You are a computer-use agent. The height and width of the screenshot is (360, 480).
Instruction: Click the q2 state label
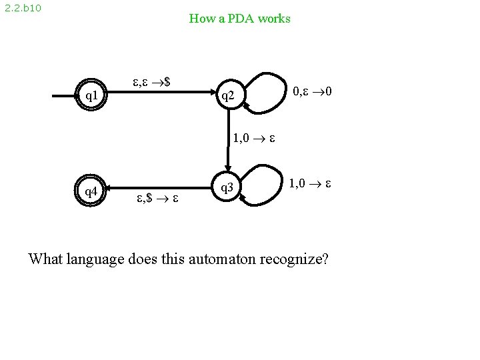(x=228, y=97)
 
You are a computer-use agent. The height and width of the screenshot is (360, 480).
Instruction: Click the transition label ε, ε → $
(x=155, y=83)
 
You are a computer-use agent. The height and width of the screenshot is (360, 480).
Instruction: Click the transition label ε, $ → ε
(x=157, y=198)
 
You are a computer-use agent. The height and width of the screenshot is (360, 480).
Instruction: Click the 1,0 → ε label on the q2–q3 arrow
(x=255, y=139)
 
